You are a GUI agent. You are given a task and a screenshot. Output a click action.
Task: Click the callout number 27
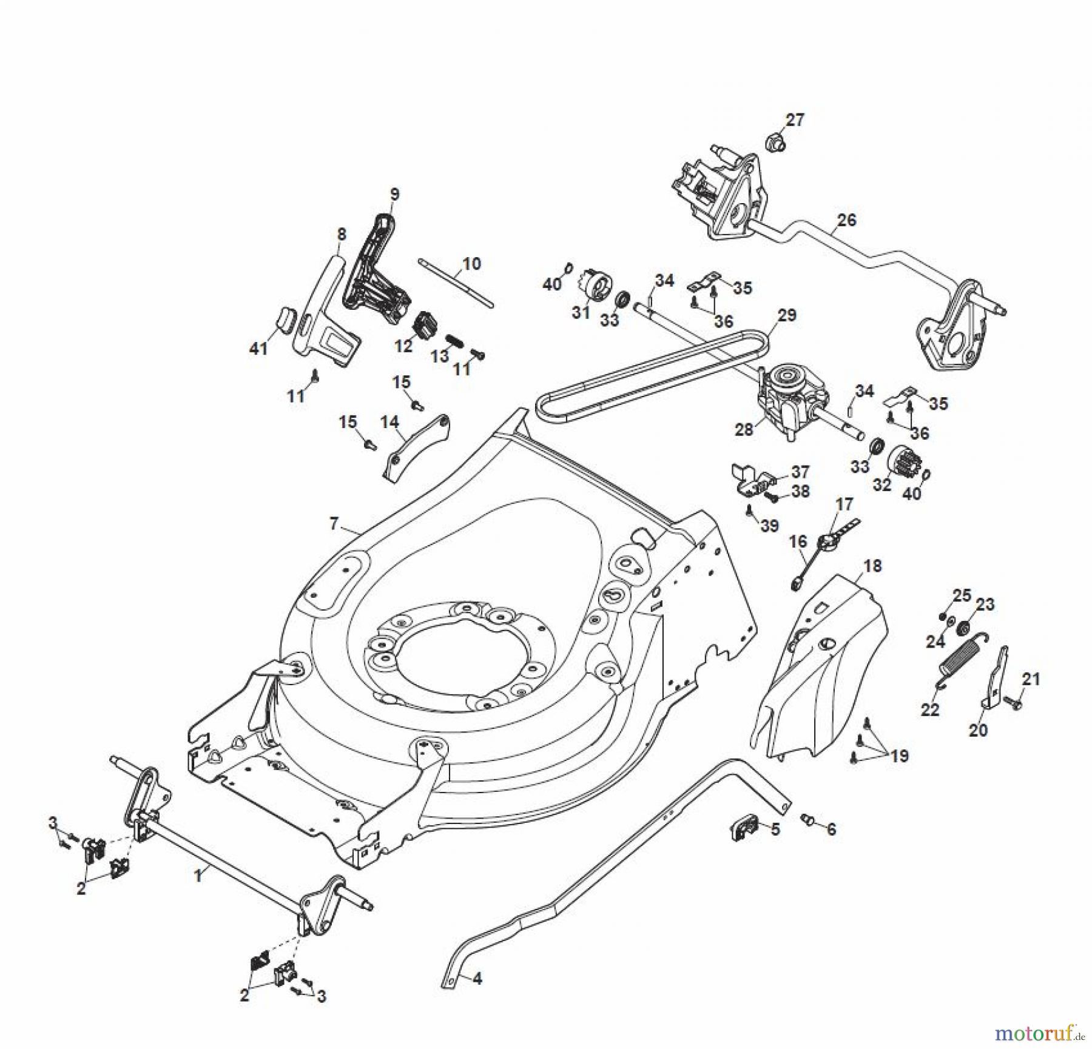795,120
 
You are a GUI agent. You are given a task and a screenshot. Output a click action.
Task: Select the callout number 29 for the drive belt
786,315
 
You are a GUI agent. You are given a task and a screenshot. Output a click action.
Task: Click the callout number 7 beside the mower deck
334,523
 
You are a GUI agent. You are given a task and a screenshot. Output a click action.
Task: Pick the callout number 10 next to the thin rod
471,264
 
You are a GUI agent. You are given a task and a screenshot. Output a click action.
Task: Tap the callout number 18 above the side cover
872,566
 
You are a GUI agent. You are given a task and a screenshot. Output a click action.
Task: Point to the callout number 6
831,829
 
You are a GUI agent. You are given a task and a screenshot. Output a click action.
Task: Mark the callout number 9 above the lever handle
394,195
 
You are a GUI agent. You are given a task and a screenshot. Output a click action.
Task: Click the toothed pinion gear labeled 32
904,461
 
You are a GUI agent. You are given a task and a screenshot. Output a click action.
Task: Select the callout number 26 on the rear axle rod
846,220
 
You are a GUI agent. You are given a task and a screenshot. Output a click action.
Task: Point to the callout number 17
844,504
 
